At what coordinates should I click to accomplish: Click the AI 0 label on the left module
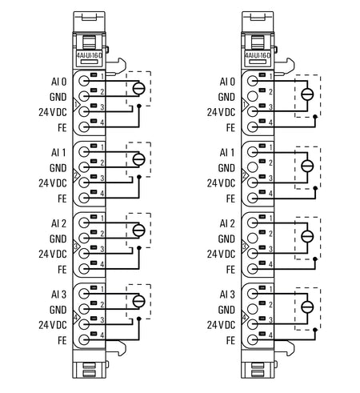(58, 82)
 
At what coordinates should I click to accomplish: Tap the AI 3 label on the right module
(227, 295)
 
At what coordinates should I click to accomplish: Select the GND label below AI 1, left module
(58, 168)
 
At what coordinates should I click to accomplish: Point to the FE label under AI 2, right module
(230, 270)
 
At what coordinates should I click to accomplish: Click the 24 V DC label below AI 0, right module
(221, 112)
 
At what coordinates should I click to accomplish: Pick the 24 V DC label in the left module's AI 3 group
(53, 325)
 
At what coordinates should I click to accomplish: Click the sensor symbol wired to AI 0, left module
(139, 89)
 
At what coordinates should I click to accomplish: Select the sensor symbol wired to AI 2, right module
(307, 236)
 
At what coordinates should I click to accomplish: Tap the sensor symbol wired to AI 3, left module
(139, 301)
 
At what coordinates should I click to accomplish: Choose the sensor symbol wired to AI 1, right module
(307, 166)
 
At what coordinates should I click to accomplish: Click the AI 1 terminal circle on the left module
(84, 152)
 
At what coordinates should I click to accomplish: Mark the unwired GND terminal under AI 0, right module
(253, 96)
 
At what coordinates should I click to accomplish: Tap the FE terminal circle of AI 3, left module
(84, 339)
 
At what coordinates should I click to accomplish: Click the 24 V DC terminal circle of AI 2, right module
(253, 253)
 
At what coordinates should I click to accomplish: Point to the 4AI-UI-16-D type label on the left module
(90, 55)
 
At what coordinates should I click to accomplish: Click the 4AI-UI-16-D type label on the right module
(258, 55)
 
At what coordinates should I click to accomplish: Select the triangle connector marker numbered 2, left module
(76, 175)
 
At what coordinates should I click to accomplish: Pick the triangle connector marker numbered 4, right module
(244, 318)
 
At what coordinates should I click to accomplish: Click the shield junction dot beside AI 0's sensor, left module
(138, 106)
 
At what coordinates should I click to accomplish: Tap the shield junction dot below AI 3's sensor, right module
(315, 330)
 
